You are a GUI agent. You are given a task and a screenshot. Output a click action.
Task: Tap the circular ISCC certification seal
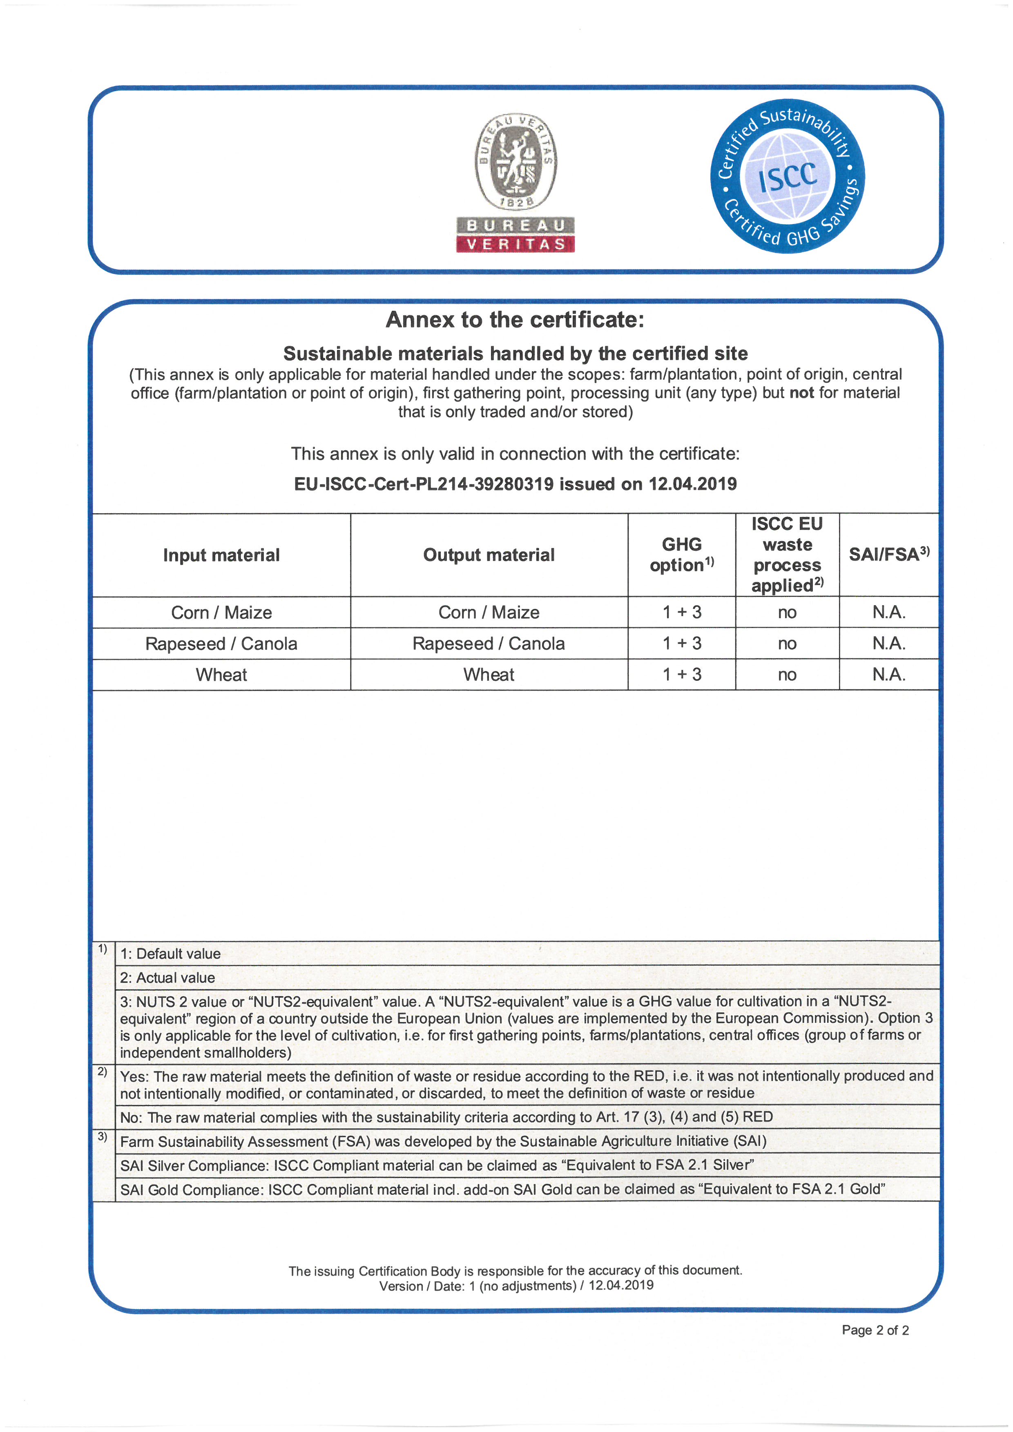(x=787, y=176)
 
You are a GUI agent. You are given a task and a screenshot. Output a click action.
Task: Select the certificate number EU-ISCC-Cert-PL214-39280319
(x=424, y=484)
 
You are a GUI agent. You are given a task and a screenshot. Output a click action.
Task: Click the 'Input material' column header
(x=221, y=555)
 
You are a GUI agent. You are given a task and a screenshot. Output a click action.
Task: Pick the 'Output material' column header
(x=489, y=555)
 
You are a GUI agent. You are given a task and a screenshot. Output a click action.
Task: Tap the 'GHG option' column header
(x=681, y=555)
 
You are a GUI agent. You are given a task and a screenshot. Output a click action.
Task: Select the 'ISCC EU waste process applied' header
(x=787, y=555)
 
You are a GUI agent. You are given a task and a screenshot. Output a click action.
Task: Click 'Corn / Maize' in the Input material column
(x=221, y=612)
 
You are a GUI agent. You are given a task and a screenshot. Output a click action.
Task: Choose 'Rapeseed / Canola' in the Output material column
(x=489, y=644)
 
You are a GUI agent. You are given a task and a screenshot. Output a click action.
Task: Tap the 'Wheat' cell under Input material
(x=221, y=675)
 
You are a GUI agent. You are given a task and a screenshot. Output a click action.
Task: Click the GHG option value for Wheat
(x=681, y=675)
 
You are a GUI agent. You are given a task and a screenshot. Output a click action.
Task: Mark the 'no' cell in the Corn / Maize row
(x=787, y=612)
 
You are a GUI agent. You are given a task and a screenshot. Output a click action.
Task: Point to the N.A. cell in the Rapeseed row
(x=888, y=644)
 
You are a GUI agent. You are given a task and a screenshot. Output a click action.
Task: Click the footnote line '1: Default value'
(x=170, y=953)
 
